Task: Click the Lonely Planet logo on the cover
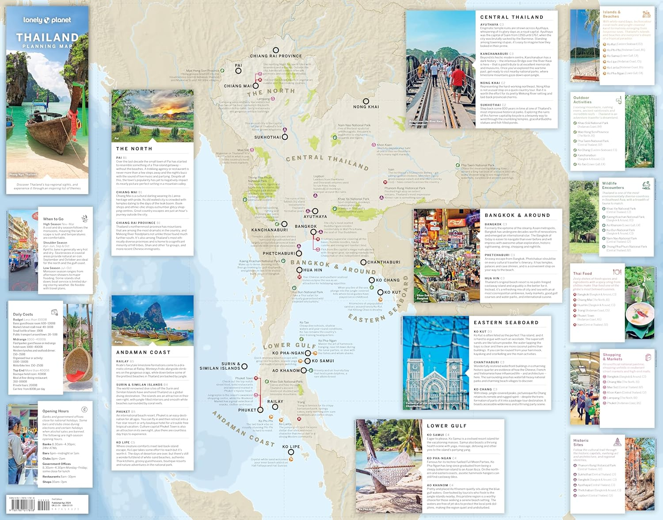coord(47,20)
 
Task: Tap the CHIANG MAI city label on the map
coord(237,86)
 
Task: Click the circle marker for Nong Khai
coord(366,101)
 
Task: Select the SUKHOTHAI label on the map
coord(267,138)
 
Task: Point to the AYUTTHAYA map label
coord(315,217)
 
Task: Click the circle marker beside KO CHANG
coord(372,280)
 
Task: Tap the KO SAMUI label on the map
coord(323,361)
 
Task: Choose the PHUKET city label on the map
coord(247,410)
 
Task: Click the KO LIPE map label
coord(291,447)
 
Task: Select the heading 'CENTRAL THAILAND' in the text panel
coord(512,17)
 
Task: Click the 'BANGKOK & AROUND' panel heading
coord(517,215)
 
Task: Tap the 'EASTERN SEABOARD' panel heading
coord(506,323)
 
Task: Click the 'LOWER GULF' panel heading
coord(446,426)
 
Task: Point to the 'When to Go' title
coord(53,219)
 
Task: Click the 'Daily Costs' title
coord(23,314)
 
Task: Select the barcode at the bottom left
coord(21,505)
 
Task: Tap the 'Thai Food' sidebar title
coord(582,274)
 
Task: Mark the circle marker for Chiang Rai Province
coord(276,50)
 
